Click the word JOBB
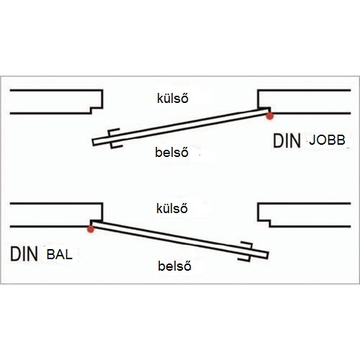coord(327,140)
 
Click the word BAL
coord(60,254)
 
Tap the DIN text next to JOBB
coord(287,141)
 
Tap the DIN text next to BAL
coord(24,254)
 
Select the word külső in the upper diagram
coord(173,99)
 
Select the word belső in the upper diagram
coord(171,153)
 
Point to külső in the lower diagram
coord(172,208)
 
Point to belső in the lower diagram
coord(174,266)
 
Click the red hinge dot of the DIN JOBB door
coord(270,116)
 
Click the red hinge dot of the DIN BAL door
coord(91,229)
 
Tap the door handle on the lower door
coord(246,251)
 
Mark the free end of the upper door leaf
coord(94,143)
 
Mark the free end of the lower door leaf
coord(267,256)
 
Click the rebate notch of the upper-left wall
coord(96,110)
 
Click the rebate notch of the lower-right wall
coord(264,223)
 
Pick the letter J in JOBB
coord(312,140)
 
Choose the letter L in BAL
coord(68,254)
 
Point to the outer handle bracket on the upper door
coord(113,131)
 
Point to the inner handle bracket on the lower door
coord(244,258)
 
